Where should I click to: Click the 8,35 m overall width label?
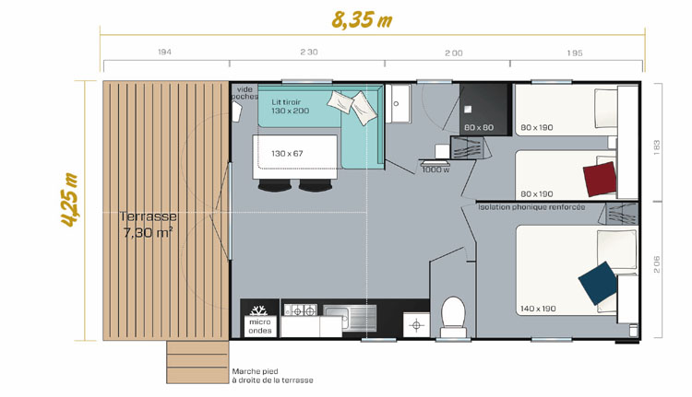point(362,20)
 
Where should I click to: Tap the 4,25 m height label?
point(70,200)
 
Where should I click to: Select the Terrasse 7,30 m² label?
point(149,224)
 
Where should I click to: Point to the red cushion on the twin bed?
point(600,179)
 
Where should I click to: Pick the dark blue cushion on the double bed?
point(598,283)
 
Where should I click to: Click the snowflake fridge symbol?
point(258,310)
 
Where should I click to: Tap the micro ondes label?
point(260,326)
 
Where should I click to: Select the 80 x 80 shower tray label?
point(479,128)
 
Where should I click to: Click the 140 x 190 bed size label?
point(538,309)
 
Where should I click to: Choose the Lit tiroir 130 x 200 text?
point(291,107)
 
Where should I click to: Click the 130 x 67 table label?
point(287,154)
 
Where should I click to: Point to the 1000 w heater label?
point(435,169)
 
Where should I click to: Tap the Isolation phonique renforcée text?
point(531,207)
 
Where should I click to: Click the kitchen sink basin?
point(336,316)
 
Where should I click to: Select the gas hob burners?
point(300,310)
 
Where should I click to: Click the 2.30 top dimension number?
point(309,52)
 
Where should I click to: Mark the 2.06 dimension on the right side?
point(657,264)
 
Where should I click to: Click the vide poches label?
point(245,93)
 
